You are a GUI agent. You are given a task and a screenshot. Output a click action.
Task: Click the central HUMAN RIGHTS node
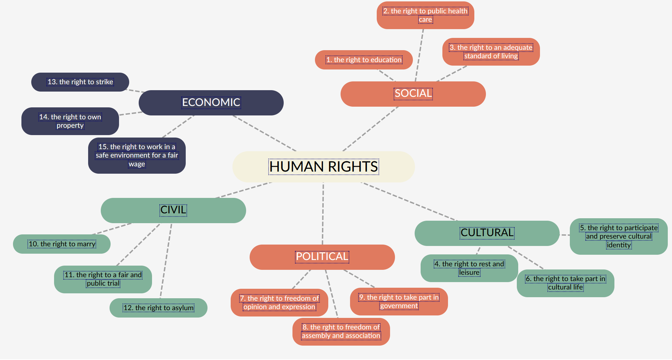323,167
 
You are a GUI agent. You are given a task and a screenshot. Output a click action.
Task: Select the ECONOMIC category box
211,102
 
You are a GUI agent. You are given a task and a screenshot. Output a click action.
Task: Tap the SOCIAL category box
413,94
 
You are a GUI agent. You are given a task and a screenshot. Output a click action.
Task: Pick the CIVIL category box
173,210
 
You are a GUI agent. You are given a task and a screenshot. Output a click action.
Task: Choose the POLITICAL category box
322,257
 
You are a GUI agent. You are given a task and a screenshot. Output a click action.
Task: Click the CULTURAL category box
487,233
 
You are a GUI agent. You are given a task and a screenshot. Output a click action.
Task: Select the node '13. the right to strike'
80,82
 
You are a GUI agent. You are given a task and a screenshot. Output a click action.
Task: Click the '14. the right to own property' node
70,121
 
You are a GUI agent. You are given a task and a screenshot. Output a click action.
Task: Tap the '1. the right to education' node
364,60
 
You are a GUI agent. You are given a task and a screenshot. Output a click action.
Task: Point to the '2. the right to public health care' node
425,15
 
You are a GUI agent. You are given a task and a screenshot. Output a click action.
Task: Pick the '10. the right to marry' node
62,244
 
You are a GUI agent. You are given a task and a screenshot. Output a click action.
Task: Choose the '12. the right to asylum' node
158,308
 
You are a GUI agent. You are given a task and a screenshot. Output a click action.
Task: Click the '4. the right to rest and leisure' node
469,268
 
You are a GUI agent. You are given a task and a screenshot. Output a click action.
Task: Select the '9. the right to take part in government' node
399,301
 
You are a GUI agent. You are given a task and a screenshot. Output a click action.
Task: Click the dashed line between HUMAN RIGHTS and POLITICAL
323,214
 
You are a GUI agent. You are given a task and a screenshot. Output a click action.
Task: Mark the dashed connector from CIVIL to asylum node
166,261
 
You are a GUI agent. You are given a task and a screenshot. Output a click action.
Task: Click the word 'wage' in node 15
137,164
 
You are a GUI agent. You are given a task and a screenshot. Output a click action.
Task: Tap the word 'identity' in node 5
619,245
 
